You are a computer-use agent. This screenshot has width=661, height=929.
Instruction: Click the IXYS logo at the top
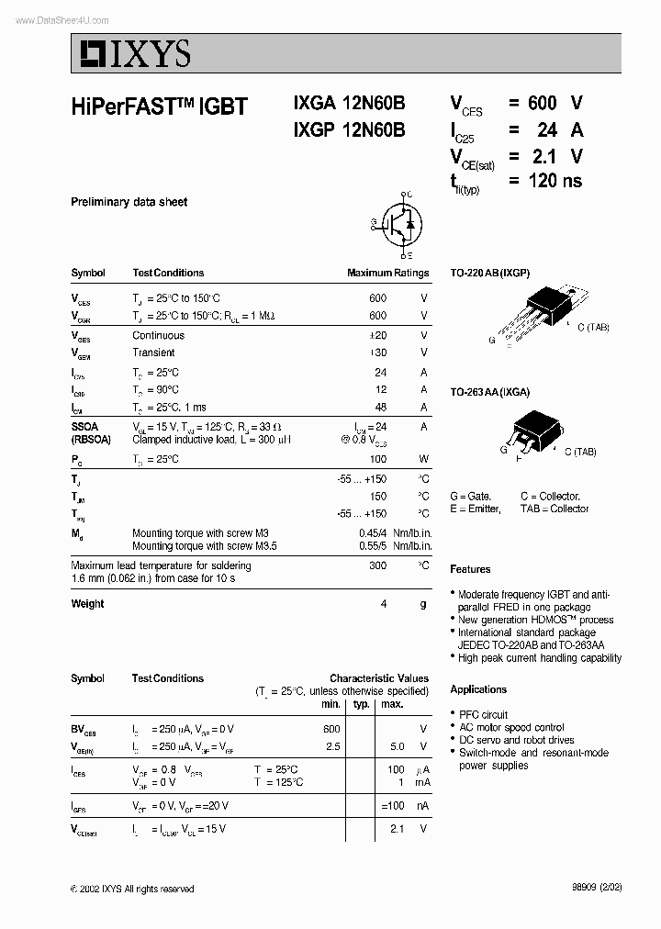pos(132,54)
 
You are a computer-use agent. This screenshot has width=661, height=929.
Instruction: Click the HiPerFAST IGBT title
pos(159,106)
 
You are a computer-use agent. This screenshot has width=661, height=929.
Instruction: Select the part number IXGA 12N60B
pos(349,106)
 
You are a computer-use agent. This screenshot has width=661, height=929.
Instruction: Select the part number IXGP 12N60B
pos(349,130)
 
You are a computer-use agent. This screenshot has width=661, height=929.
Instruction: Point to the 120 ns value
pos(555,181)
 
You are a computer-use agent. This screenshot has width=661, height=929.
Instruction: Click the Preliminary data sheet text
pos(129,202)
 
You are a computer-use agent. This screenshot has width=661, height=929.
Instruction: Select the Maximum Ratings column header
pos(387,273)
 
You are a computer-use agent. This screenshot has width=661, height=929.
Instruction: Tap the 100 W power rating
pos(377,458)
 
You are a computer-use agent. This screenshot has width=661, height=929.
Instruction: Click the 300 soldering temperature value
pos(377,566)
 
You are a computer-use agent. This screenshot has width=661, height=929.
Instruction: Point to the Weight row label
pos(87,604)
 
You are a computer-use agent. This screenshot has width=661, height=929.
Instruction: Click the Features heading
pos(470,569)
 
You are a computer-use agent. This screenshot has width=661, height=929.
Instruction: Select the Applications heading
pos(478,689)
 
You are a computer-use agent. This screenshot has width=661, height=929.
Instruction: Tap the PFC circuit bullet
pos(483,714)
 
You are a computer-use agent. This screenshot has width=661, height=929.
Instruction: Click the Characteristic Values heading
pos(379,678)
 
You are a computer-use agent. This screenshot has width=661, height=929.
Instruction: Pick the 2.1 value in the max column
pos(397,828)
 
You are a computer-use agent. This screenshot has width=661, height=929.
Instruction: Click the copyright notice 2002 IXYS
pos(132,889)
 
